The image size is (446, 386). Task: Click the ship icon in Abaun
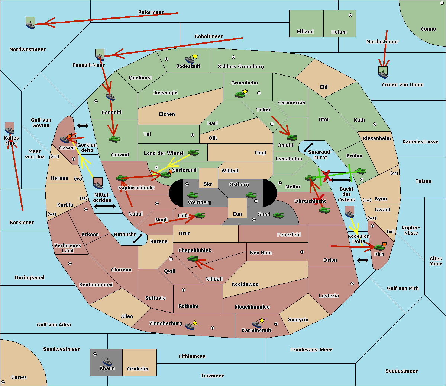(107, 361)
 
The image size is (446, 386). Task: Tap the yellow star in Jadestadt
(195, 57)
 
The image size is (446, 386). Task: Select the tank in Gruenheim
(239, 95)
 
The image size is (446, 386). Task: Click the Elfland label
(305, 32)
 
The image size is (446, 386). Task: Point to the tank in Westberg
(193, 195)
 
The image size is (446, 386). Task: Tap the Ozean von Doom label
(403, 85)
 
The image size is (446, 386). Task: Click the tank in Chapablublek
(193, 258)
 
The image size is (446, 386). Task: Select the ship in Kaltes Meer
(10, 130)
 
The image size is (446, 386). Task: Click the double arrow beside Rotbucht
(138, 239)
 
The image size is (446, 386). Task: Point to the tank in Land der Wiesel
(193, 153)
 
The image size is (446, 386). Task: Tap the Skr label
(208, 184)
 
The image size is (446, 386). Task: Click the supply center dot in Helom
(350, 15)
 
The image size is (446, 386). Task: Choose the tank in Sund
(278, 215)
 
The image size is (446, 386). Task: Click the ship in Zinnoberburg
(190, 326)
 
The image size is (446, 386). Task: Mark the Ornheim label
(138, 369)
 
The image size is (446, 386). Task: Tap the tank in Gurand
(114, 139)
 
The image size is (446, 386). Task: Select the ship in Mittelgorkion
(98, 185)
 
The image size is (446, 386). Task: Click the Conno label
(428, 29)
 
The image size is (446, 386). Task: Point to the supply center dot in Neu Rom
(302, 252)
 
